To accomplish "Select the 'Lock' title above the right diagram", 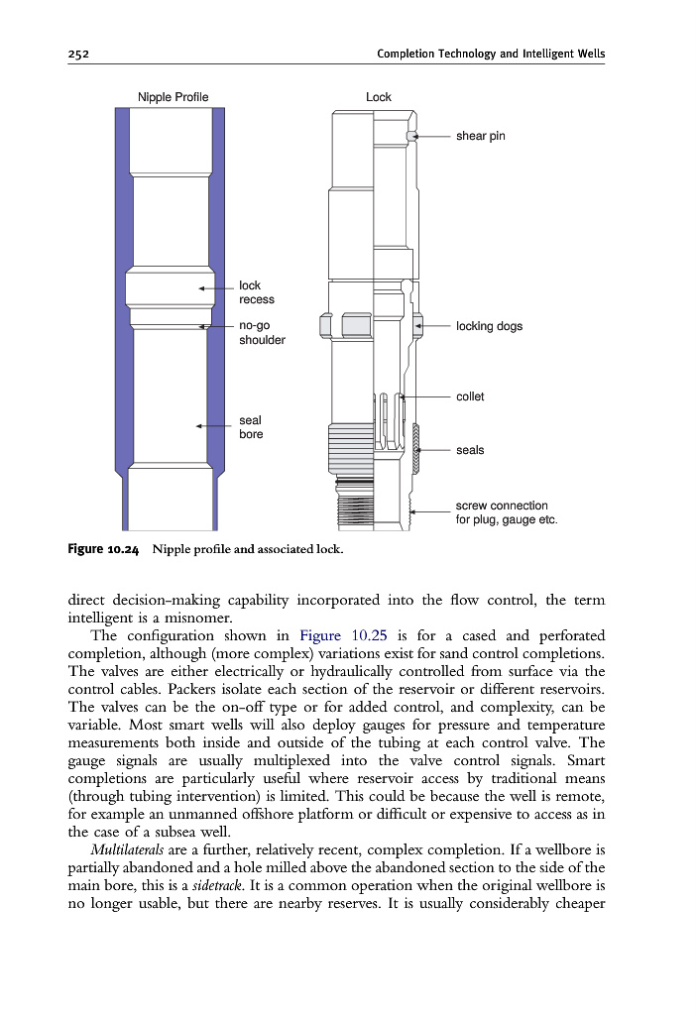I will tap(378, 97).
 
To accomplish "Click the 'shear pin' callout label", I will tap(481, 136).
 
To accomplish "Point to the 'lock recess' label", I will tap(256, 292).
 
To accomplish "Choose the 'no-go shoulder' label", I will tap(262, 332).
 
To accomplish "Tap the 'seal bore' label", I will tap(251, 427).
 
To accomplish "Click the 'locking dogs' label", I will tap(489, 326).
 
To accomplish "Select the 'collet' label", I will tap(470, 396).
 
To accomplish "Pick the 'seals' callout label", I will tap(470, 450).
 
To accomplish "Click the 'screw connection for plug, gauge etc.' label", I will tap(506, 512).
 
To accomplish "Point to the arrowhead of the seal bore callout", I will tap(199, 426).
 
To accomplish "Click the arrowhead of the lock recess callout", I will tap(202, 288).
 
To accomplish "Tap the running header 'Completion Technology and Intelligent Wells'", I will tap(491, 54).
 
